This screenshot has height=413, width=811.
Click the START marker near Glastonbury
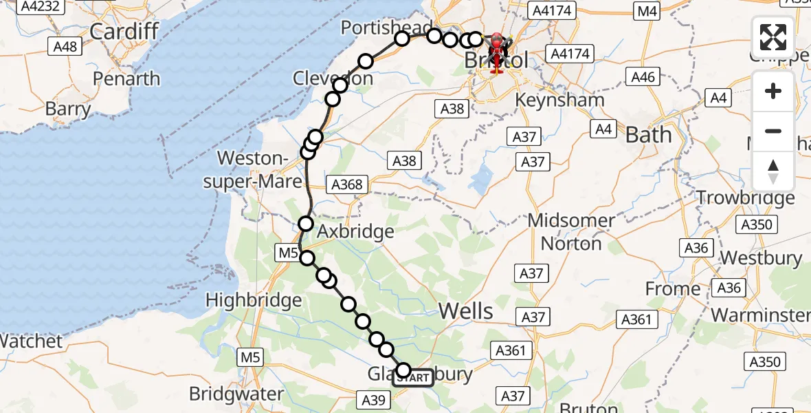click(413, 377)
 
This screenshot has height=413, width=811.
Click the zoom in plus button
click(773, 91)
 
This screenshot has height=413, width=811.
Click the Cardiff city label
click(124, 31)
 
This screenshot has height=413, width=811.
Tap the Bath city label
click(648, 135)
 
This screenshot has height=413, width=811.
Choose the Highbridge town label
click(254, 300)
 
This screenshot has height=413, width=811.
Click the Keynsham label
click(559, 100)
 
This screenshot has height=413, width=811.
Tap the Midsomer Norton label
click(571, 232)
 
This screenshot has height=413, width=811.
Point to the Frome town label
click(673, 289)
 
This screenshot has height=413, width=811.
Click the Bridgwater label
click(236, 394)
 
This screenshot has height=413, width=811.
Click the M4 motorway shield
click(647, 10)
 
